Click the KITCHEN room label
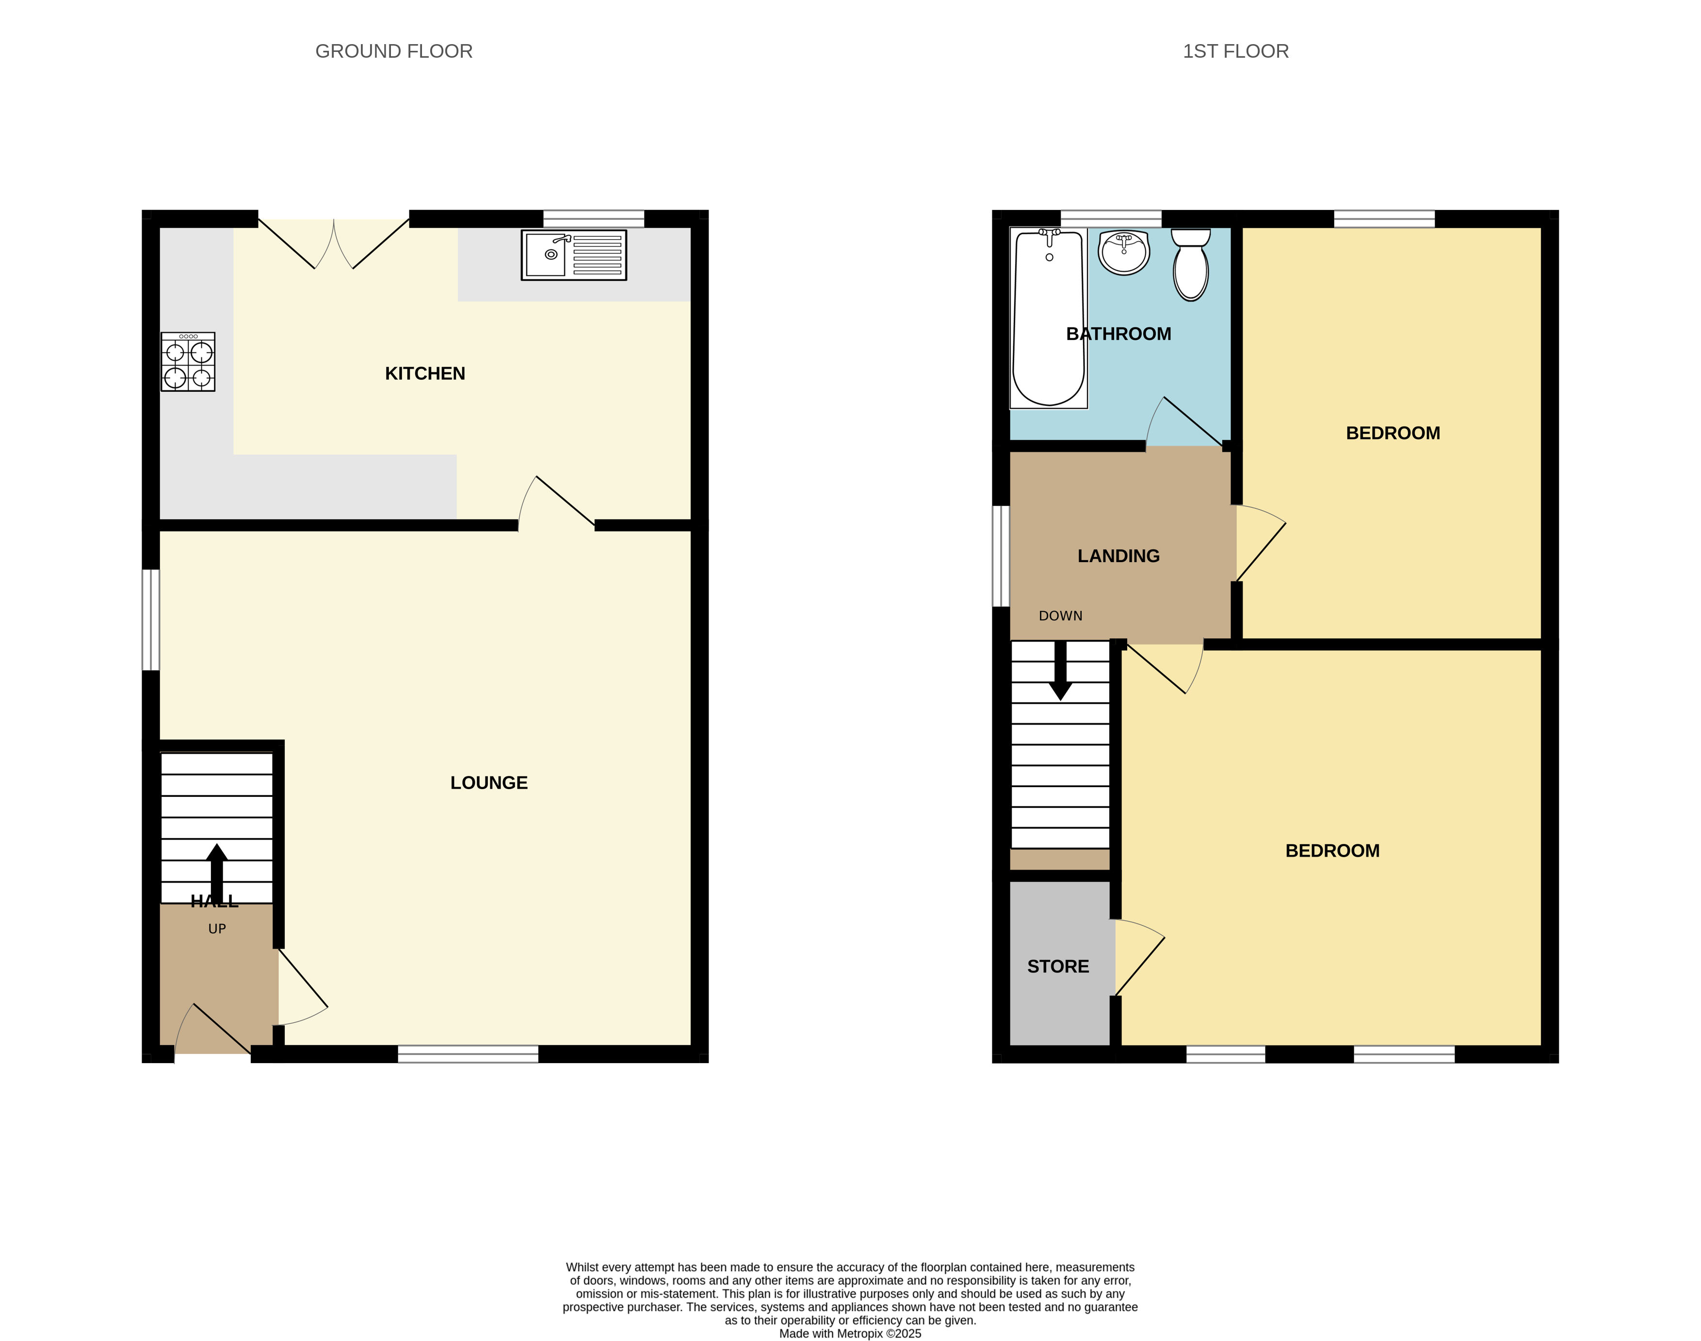425,374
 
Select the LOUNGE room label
488,783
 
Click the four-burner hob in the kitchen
188,362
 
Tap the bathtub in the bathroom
1049,318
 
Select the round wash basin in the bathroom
1124,252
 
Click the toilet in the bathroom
1191,265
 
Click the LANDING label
1118,556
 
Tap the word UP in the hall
217,929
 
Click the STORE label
1058,967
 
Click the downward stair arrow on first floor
1060,671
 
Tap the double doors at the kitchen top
334,243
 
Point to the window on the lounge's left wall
151,620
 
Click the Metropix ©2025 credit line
850,1333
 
